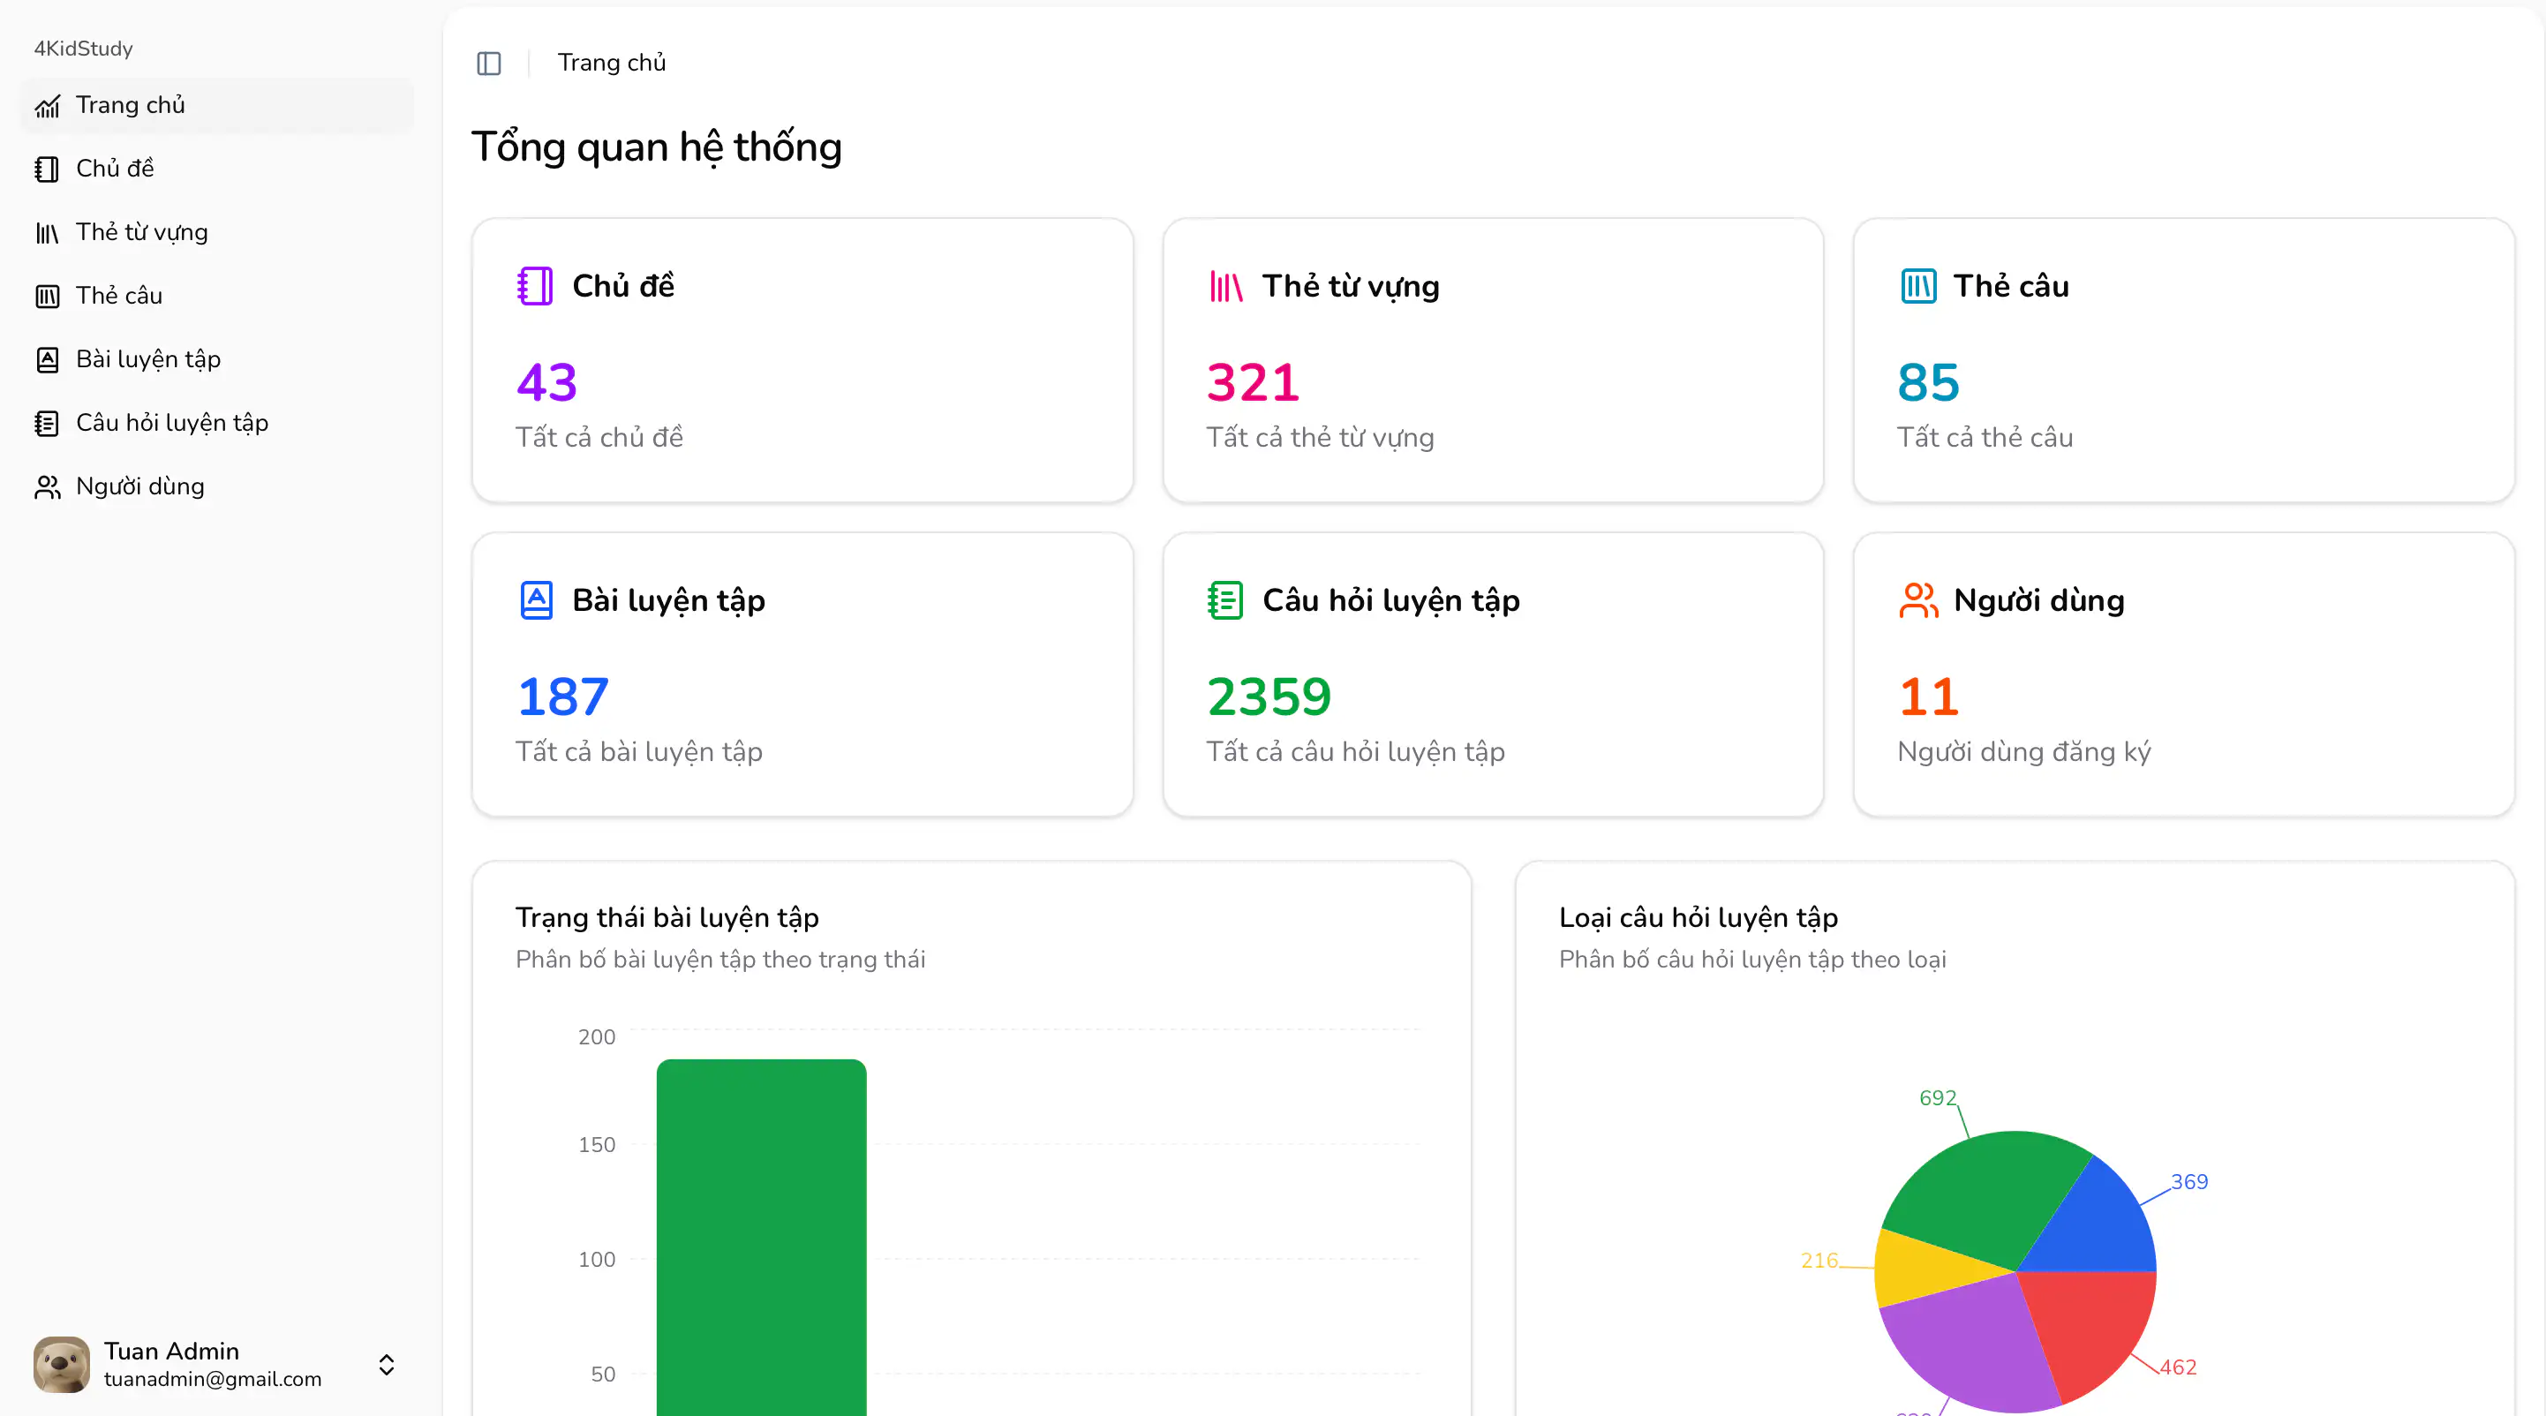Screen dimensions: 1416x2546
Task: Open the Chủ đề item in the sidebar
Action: [x=115, y=169]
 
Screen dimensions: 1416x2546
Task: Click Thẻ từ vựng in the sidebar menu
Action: [x=141, y=232]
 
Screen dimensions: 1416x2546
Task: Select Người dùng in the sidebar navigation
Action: [x=139, y=486]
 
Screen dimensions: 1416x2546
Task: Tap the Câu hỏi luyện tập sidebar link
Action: [x=171, y=423]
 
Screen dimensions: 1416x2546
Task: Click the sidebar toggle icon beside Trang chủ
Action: [x=489, y=64]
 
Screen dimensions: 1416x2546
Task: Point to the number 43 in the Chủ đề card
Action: [x=546, y=382]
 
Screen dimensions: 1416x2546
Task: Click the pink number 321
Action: [x=1252, y=382]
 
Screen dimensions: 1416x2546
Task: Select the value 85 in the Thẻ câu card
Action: [x=1927, y=382]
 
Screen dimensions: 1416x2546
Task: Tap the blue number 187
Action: [x=562, y=697]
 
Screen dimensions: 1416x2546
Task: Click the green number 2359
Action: [x=1269, y=697]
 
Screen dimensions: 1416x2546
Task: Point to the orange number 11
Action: [x=1928, y=697]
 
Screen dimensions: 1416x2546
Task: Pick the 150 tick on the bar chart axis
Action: [x=596, y=1144]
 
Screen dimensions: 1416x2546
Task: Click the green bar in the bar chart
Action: [x=761, y=1235]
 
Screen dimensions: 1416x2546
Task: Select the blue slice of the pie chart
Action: [x=2100, y=1225]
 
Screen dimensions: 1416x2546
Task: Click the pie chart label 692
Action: [x=1937, y=1098]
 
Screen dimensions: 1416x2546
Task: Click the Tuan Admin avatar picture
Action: [x=61, y=1365]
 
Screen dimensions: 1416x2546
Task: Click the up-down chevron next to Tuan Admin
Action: [x=387, y=1365]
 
